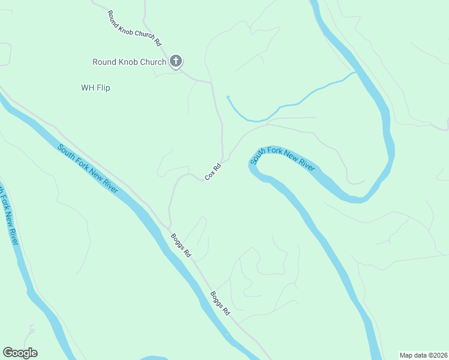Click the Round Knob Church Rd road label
[134, 28]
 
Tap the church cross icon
[176, 61]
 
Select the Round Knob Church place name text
[128, 62]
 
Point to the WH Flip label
[95, 88]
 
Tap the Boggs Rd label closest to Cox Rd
[180, 245]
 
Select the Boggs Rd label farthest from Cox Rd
[220, 304]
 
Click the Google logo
[20, 353]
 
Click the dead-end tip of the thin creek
[227, 96]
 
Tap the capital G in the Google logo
[8, 353]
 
